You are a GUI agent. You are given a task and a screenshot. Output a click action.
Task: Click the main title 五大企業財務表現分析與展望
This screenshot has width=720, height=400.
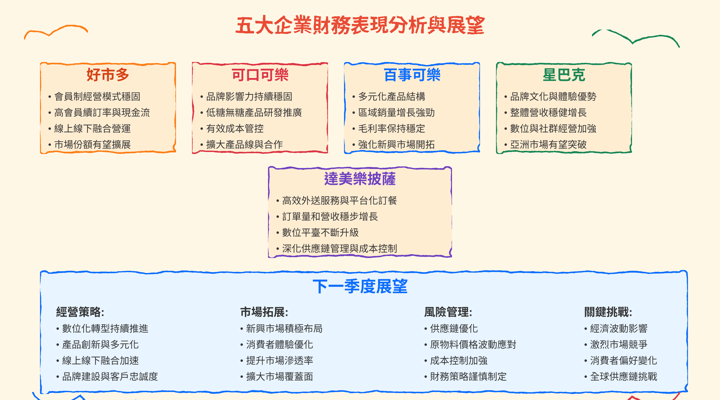(360, 25)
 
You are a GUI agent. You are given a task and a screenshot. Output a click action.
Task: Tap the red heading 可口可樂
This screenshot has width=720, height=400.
(260, 75)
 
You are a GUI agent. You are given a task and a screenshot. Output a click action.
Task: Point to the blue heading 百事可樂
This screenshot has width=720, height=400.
(412, 75)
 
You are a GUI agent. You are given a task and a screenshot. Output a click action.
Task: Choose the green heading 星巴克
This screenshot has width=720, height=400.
(564, 75)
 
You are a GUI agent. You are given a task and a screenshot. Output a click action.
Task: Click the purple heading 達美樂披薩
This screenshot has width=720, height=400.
(360, 179)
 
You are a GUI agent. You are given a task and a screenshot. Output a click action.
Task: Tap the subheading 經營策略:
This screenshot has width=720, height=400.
(80, 312)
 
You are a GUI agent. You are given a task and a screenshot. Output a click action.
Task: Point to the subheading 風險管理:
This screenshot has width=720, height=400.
(448, 312)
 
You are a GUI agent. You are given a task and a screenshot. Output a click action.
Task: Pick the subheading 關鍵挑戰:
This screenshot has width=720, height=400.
(608, 312)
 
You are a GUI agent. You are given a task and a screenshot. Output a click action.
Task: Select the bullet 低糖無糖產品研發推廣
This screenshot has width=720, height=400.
(254, 113)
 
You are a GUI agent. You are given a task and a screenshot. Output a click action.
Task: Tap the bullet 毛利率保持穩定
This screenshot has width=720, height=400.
(391, 129)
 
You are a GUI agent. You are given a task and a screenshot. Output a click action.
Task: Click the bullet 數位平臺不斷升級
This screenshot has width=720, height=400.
(320, 232)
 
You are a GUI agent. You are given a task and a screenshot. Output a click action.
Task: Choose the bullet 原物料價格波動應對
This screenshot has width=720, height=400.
(473, 344)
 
